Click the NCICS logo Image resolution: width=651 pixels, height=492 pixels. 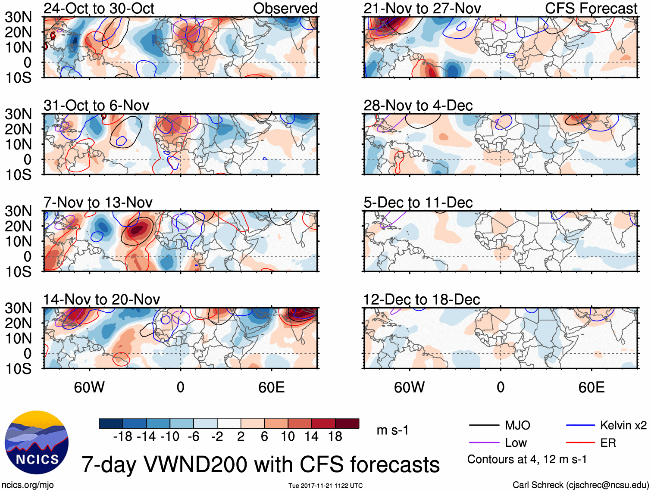click(36, 442)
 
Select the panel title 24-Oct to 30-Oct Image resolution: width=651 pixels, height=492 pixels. click(99, 8)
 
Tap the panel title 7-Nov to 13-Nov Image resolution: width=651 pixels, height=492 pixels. click(98, 202)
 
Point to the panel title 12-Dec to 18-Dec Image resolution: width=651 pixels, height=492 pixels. click(421, 299)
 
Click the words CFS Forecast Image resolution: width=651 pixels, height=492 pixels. click(591, 8)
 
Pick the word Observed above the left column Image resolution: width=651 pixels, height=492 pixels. click(285, 8)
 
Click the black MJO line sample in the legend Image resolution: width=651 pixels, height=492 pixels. click(484, 426)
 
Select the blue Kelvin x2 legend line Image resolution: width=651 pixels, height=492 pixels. click(580, 426)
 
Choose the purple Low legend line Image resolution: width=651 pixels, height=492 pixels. click(484, 443)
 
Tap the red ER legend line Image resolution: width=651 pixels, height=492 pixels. click(580, 443)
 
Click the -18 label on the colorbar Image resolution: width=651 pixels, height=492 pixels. click(122, 437)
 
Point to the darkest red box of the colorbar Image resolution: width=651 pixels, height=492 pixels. click(347, 423)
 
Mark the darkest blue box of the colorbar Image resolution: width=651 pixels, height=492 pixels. click(111, 423)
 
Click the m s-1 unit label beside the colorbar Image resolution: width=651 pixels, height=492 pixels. click(392, 430)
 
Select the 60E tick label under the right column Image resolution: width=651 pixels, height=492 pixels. click(591, 388)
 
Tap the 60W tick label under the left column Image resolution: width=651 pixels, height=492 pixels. click(89, 388)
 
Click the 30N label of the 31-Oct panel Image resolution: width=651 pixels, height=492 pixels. click(18, 114)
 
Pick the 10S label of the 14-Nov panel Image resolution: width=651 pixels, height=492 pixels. click(18, 369)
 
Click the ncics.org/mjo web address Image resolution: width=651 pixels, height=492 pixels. click(28, 485)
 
